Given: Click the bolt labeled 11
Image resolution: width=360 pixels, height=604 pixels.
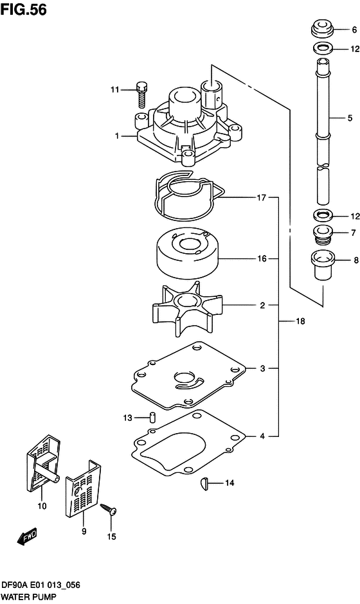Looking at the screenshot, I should point(142,96).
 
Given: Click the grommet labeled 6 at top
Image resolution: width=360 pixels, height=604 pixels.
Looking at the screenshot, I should point(322,29).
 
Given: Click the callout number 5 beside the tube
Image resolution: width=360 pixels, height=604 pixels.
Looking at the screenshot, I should point(350,118).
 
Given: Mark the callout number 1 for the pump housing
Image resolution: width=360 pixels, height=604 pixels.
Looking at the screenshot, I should point(117,136).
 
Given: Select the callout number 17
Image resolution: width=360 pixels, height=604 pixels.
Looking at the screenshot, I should point(262,198).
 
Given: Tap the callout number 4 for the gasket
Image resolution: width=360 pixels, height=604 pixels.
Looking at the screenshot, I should point(262,436).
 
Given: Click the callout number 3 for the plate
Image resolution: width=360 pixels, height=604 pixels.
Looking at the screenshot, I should point(262,368).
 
